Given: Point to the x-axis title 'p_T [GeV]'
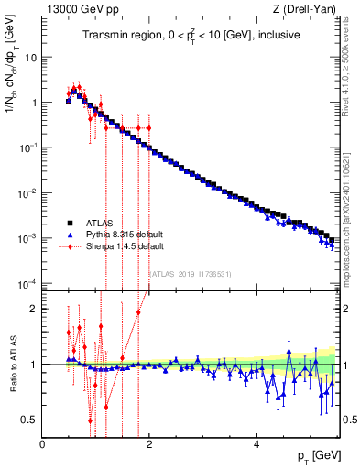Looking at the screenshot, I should coord(313,455).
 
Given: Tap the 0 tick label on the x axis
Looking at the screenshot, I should coord(42,444).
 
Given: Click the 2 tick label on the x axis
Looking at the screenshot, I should coord(149,444).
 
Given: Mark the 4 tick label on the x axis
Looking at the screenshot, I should coord(256,444).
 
